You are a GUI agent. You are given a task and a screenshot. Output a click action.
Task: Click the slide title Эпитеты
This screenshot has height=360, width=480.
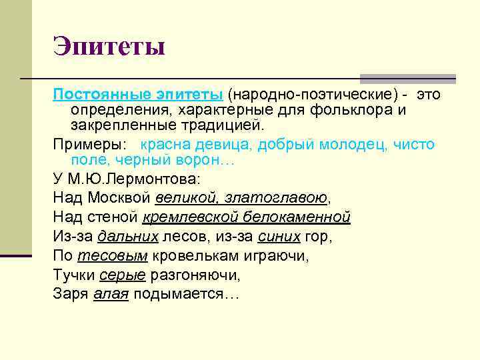tap(109, 47)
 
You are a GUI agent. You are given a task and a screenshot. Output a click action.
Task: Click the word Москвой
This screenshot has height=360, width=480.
tap(119, 198)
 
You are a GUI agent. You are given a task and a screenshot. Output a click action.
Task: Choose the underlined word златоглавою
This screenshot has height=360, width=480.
tap(275, 198)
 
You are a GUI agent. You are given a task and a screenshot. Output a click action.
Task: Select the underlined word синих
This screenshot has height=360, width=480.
tap(274, 236)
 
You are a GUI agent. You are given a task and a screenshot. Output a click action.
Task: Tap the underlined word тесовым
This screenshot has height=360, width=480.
tap(113, 255)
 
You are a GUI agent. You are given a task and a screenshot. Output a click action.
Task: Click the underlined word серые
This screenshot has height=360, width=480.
tap(123, 275)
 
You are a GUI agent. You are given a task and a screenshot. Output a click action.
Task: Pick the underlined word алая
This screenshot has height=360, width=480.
tap(111, 294)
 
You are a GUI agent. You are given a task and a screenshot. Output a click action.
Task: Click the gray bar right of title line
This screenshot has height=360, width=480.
tap(407, 78)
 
